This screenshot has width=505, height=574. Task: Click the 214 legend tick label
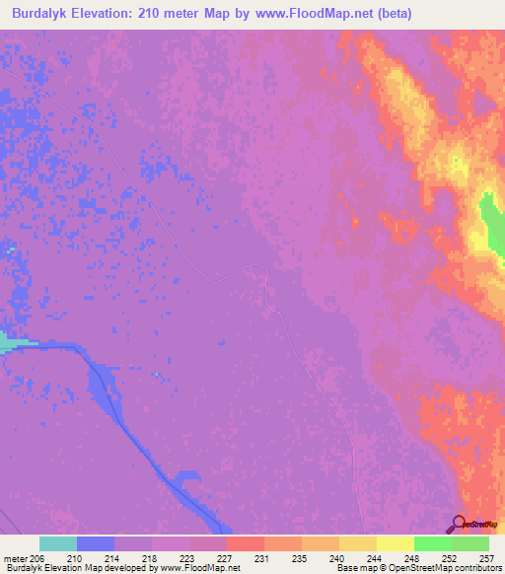tap(115, 557)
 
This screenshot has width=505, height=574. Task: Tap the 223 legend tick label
tap(189, 557)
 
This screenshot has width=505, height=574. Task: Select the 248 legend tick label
tap(413, 557)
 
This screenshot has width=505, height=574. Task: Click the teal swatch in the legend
tap(58, 543)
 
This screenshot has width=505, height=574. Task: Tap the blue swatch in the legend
tap(96, 543)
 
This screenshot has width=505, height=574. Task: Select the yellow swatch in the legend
tap(395, 543)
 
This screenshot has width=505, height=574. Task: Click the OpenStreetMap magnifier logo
tap(458, 523)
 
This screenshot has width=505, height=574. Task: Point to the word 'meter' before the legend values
tap(14, 557)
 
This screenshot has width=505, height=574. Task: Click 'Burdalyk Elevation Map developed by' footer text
tap(60, 568)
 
